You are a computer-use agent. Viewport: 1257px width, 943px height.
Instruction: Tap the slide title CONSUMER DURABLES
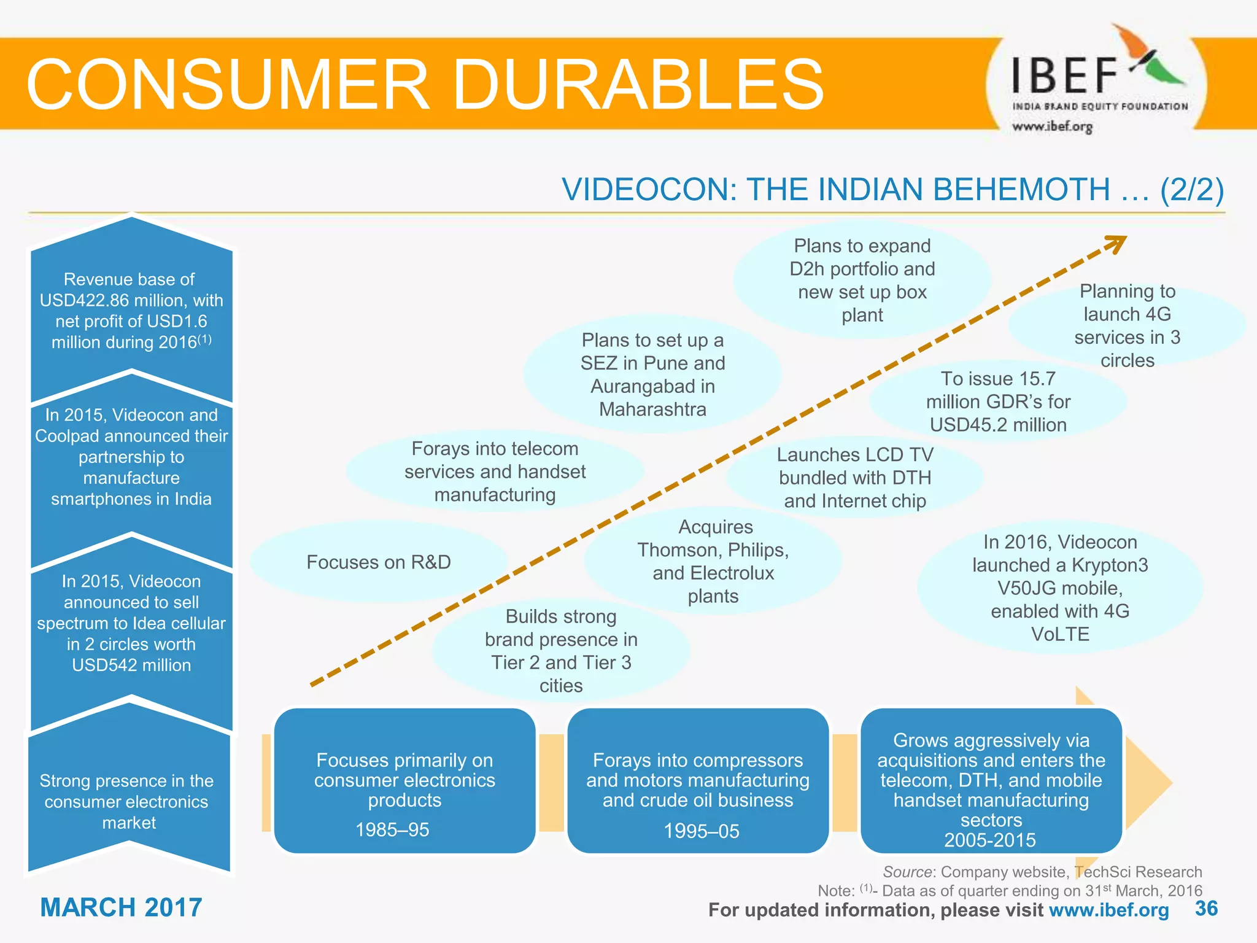425,85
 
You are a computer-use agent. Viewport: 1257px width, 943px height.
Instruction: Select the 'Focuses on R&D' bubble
379,562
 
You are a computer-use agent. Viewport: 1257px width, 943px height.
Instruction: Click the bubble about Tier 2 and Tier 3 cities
561,651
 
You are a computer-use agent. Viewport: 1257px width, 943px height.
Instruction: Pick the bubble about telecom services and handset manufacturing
495,471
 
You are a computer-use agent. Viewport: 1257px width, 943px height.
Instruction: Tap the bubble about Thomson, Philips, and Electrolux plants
713,561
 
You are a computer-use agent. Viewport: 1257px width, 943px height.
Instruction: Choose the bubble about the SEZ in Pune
652,374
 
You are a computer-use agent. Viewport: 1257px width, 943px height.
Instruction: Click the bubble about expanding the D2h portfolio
862,280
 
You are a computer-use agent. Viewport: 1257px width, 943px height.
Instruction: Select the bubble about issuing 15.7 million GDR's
998,402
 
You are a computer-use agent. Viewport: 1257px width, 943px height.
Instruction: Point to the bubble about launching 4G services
1127,325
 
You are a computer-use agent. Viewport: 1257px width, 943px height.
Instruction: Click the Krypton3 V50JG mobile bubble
1060,588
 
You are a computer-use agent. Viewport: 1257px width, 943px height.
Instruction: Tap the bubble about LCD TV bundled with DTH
854,478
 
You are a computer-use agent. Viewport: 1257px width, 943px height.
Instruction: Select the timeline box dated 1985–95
404,781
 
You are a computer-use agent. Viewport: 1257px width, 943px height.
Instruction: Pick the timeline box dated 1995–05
698,781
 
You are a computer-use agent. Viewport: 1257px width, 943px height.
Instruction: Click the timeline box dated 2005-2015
991,781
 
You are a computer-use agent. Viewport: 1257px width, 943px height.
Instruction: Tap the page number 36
1206,908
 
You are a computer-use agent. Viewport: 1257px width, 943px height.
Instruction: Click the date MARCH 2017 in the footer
121,907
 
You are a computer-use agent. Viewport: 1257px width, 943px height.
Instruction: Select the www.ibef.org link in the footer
1109,910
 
